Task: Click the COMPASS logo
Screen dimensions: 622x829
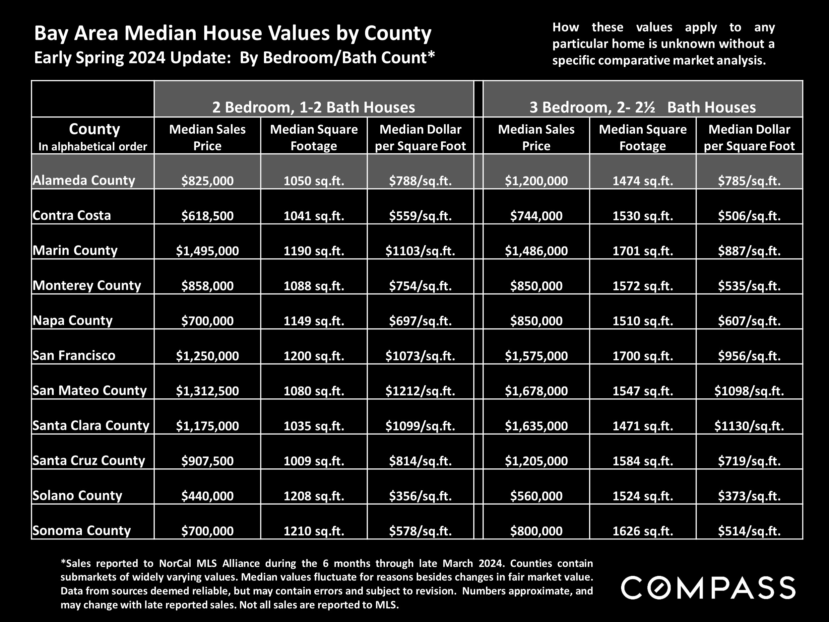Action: point(708,587)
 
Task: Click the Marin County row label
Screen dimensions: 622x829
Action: point(75,250)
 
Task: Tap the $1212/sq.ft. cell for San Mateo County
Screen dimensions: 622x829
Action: point(420,391)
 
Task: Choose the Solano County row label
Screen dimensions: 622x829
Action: point(77,495)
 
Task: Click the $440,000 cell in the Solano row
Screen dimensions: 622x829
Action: point(207,496)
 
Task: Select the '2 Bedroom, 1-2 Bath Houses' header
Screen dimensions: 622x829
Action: point(314,107)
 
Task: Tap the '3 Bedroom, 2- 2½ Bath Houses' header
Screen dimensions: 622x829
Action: point(642,107)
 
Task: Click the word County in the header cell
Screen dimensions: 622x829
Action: point(95,129)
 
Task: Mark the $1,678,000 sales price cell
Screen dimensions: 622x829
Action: point(536,391)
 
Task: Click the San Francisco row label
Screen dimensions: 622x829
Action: point(74,355)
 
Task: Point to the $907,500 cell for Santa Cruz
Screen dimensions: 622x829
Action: point(207,461)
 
